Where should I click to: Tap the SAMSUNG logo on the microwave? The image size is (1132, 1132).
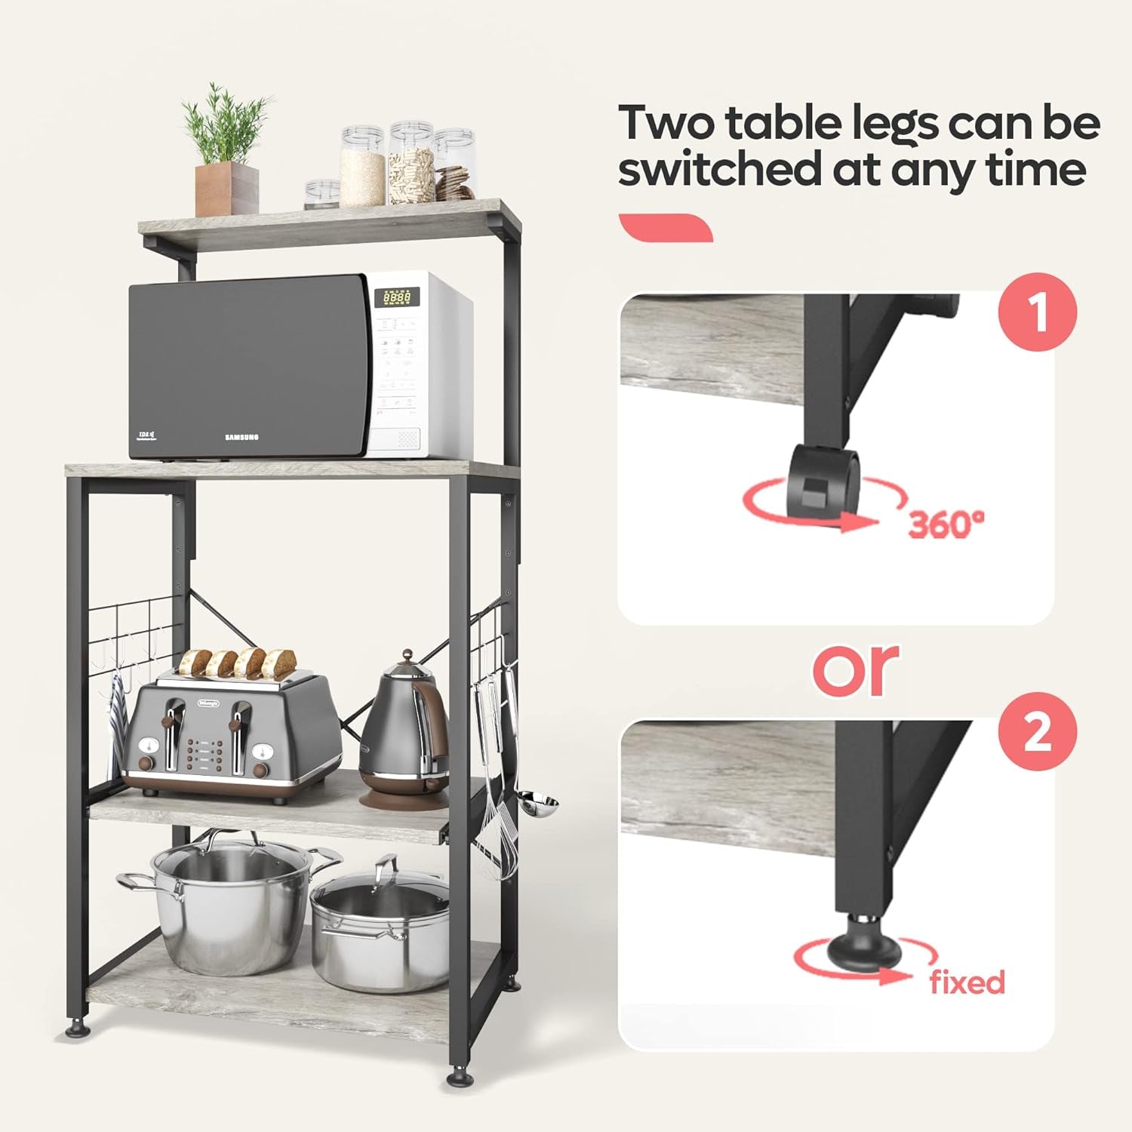[x=241, y=437]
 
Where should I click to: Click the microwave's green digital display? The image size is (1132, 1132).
[x=397, y=297]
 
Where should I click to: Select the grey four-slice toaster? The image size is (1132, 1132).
[x=230, y=736]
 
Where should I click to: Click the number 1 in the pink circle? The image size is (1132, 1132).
[x=1038, y=312]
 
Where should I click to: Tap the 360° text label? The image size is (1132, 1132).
[x=946, y=524]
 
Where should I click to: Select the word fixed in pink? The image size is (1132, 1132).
[x=967, y=983]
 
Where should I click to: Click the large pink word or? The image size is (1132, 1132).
[x=857, y=669]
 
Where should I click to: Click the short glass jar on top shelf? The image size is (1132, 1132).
[x=322, y=194]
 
